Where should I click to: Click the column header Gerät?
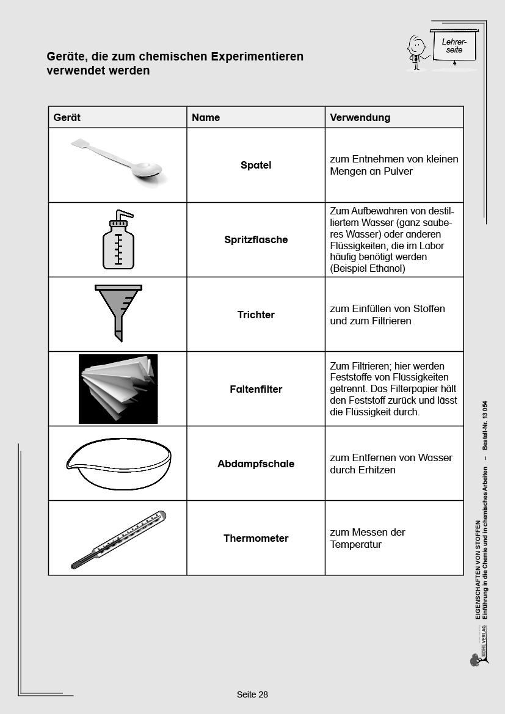67,117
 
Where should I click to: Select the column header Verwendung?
360,117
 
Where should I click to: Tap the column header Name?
206,117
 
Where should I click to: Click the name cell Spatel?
256,165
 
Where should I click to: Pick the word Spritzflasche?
256,240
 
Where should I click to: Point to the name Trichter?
256,315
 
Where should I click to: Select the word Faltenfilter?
256,389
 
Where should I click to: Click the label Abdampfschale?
256,464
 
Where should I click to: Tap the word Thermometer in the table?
256,538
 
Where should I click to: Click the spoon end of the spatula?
149,170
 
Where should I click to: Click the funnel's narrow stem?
118,330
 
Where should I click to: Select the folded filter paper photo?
118,388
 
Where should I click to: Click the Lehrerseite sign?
454,46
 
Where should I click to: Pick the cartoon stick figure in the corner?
416,53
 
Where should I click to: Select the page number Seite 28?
252,694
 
